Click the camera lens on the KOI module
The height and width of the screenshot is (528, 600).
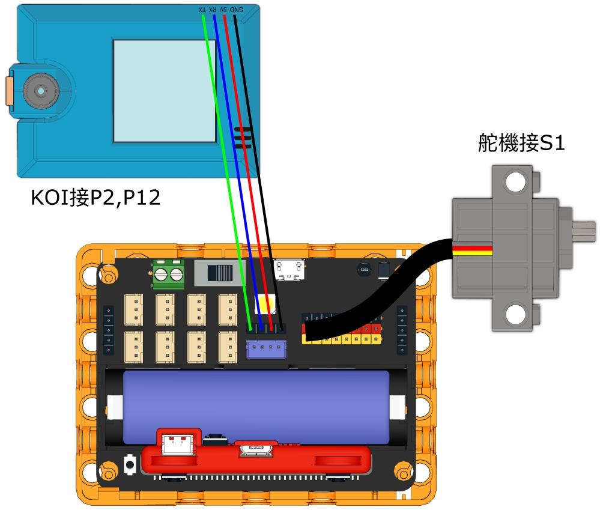(x=41, y=91)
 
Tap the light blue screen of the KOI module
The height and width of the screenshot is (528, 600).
(x=165, y=91)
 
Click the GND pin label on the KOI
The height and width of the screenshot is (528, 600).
(x=237, y=9)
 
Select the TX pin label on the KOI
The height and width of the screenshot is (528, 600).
(x=202, y=9)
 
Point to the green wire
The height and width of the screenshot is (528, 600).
(x=226, y=172)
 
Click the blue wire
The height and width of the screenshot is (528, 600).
(x=237, y=172)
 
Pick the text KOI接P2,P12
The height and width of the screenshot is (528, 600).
(x=95, y=198)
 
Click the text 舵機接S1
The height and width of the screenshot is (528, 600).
(x=521, y=143)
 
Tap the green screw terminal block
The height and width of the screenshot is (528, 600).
(x=168, y=275)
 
